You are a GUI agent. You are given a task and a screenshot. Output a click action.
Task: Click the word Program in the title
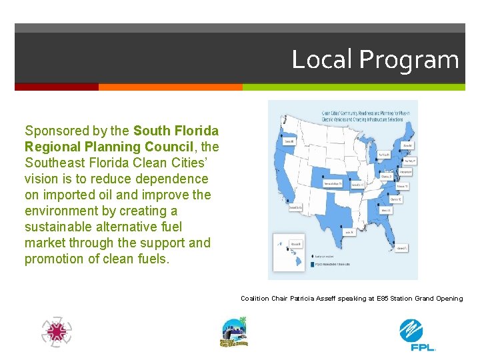tap(409, 61)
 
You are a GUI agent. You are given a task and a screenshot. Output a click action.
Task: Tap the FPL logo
tap(417, 334)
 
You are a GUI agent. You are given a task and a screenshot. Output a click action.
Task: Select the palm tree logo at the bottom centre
tap(233, 332)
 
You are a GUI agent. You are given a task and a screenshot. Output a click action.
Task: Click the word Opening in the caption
tap(447, 299)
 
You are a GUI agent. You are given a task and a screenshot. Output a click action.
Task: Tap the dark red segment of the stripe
tap(57, 87)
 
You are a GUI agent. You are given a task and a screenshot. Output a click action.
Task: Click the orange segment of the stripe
tap(170, 87)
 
